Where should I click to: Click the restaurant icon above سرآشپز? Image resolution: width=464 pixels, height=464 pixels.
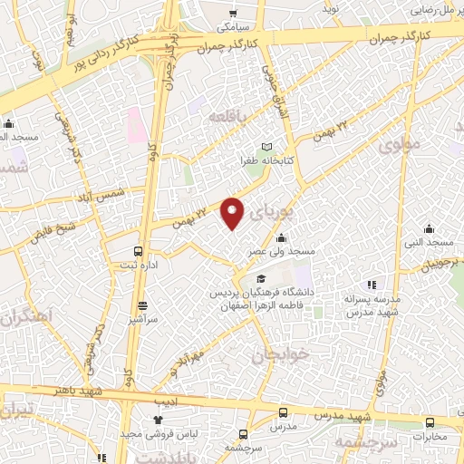(x=142, y=306)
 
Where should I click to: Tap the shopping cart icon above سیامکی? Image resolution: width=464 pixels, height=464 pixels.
(x=234, y=14)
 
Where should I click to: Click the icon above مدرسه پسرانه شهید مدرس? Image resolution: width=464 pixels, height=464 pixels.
(x=370, y=285)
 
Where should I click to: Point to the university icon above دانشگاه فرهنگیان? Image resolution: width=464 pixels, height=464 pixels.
(x=261, y=279)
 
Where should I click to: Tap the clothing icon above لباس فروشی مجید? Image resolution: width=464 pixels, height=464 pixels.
(x=157, y=420)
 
